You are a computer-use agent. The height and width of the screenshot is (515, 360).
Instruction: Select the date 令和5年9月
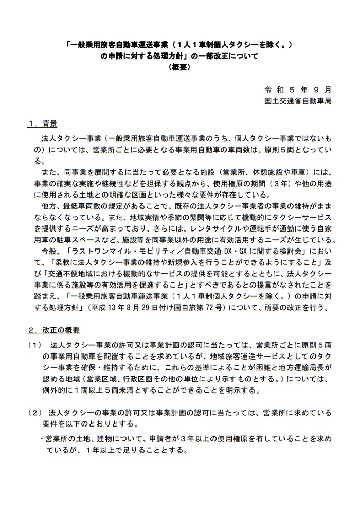pos(298,89)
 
